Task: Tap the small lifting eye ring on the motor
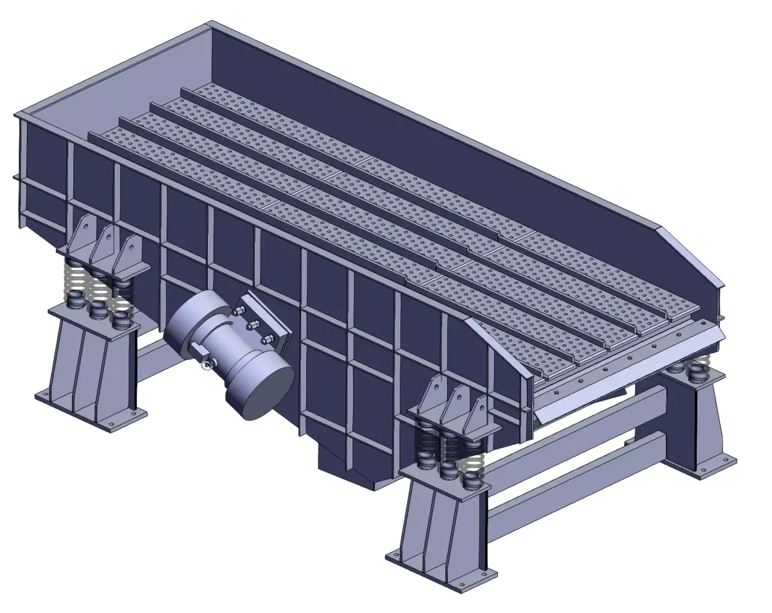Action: coord(206,366)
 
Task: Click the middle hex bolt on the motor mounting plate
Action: coord(252,324)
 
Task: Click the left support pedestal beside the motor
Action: coord(96,367)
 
